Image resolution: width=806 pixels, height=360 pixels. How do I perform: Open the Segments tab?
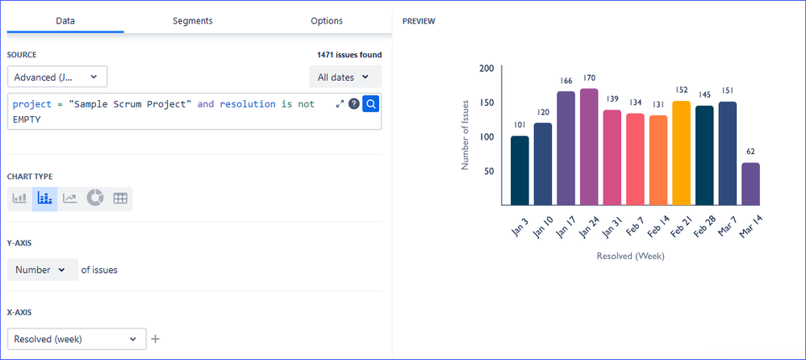(193, 21)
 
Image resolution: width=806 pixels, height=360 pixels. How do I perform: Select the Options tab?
(327, 21)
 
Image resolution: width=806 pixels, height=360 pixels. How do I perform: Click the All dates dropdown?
(345, 77)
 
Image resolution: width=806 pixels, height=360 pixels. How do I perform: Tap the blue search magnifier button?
(371, 103)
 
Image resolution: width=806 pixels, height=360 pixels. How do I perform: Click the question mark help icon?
(353, 104)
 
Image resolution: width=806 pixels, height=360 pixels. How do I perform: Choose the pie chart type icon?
(95, 199)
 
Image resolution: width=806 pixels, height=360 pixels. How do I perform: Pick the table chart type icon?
(120, 199)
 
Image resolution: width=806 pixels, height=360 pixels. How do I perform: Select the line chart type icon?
(70, 199)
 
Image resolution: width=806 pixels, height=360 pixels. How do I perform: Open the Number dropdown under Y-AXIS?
(42, 270)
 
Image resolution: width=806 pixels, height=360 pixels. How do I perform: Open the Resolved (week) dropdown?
(77, 339)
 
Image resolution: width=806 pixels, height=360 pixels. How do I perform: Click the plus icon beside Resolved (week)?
(156, 339)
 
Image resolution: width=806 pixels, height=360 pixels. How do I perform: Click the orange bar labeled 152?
(682, 153)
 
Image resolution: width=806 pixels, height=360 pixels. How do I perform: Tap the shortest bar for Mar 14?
(750, 184)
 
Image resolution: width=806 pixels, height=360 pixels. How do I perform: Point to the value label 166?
(566, 81)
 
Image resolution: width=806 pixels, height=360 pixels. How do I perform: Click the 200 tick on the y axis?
(486, 69)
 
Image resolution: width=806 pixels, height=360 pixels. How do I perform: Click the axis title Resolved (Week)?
(630, 256)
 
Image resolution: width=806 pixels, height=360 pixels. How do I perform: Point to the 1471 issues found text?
(349, 55)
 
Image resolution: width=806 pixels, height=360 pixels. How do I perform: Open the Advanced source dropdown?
(56, 77)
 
